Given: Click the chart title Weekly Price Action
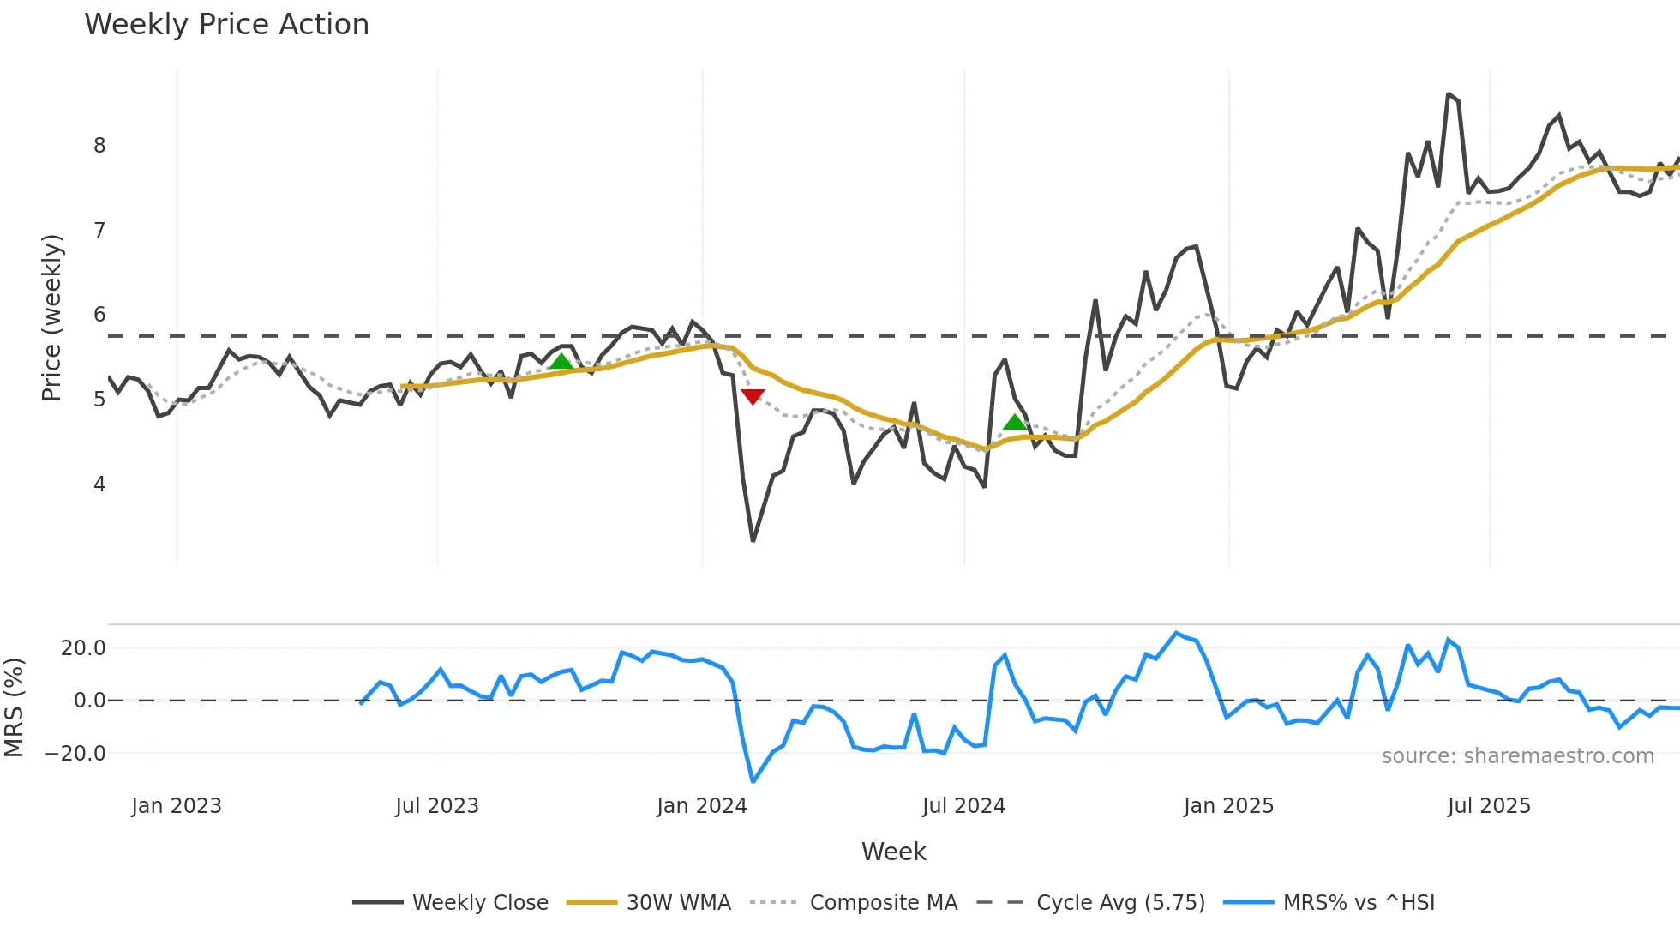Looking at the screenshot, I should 226,25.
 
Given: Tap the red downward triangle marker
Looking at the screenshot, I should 753,396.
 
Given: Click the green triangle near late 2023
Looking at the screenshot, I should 561,362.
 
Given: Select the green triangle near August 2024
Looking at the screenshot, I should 1015,422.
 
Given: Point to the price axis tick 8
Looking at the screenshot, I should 99,146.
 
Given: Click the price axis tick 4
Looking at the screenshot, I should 99,485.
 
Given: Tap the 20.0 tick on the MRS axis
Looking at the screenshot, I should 83,648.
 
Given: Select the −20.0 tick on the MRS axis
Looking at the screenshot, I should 75,754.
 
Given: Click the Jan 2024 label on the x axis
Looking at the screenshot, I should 702,806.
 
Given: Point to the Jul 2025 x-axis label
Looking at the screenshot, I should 1489,806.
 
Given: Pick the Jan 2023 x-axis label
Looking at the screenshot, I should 177,806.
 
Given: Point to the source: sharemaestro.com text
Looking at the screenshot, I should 1517,756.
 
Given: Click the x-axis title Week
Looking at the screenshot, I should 893,852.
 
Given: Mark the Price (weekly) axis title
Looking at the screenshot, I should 51,317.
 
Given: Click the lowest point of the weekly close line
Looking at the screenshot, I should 753,540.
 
